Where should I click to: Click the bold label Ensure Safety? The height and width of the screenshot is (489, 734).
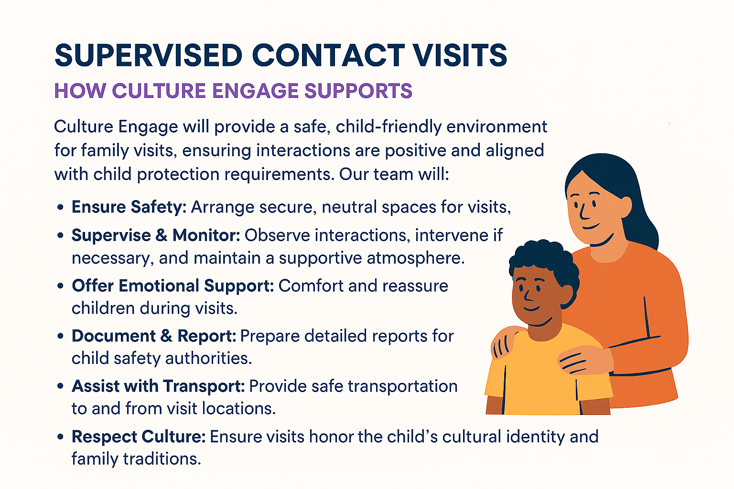pos(129,207)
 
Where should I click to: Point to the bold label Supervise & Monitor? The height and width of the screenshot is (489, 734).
pos(156,235)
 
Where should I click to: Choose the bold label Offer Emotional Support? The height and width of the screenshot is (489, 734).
pos(173,286)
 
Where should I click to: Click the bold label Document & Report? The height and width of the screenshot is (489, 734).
pos(154,336)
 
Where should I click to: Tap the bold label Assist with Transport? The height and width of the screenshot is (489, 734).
pos(158,386)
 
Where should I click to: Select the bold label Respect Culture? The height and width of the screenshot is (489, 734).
pos(139,436)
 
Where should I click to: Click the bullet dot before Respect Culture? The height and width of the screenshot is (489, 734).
pos(60,437)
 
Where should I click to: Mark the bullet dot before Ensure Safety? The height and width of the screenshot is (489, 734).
pos(60,207)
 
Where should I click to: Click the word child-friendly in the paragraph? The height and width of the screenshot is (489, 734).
pos(389,127)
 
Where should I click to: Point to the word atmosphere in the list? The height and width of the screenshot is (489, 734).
pos(416,258)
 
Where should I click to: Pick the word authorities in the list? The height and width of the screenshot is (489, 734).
pos(209,358)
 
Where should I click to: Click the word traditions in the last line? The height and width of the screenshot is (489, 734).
pos(162,459)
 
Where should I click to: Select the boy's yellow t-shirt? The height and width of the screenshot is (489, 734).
pos(547,377)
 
